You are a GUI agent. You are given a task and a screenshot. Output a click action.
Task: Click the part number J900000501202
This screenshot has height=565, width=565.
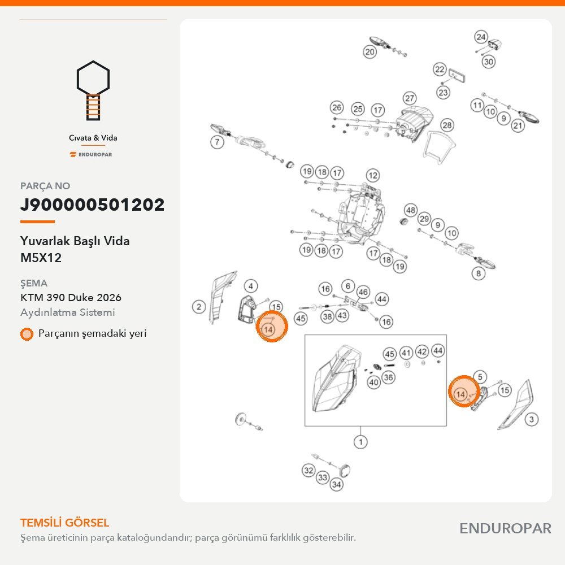(92, 205)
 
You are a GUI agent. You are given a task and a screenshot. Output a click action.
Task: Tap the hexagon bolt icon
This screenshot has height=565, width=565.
(93, 90)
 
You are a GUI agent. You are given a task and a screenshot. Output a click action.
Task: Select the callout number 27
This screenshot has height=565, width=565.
(409, 98)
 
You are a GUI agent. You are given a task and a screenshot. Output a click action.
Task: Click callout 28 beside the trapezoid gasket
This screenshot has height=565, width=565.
(447, 125)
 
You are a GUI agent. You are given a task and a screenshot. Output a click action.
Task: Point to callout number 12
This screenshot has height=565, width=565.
(372, 176)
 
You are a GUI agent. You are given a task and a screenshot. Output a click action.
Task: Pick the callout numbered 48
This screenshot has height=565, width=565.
(411, 210)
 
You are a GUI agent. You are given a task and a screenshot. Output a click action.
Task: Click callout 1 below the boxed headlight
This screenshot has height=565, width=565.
(360, 442)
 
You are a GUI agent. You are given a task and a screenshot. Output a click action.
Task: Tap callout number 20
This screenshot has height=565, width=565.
(370, 52)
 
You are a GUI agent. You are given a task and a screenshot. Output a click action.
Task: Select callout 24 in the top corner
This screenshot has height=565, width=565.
(481, 37)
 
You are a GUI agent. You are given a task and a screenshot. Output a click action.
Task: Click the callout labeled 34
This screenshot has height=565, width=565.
(336, 484)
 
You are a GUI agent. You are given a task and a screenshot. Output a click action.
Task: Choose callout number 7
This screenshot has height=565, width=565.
(217, 142)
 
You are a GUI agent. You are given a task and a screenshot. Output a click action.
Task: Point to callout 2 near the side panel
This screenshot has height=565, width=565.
(199, 307)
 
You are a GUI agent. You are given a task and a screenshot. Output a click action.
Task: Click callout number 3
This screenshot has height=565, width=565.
(532, 419)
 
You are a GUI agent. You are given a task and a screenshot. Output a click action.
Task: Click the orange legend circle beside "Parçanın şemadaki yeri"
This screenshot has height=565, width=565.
(27, 334)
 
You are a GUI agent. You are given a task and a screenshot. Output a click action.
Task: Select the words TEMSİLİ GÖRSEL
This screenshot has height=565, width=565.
(64, 523)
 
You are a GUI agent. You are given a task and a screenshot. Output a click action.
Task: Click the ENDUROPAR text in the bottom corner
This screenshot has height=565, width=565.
(505, 529)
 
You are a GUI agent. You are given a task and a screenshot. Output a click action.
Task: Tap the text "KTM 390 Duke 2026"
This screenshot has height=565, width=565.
(71, 298)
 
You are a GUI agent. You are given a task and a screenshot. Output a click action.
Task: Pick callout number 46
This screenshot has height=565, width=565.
(363, 292)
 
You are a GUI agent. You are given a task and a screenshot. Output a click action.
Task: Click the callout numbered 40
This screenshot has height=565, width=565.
(373, 383)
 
